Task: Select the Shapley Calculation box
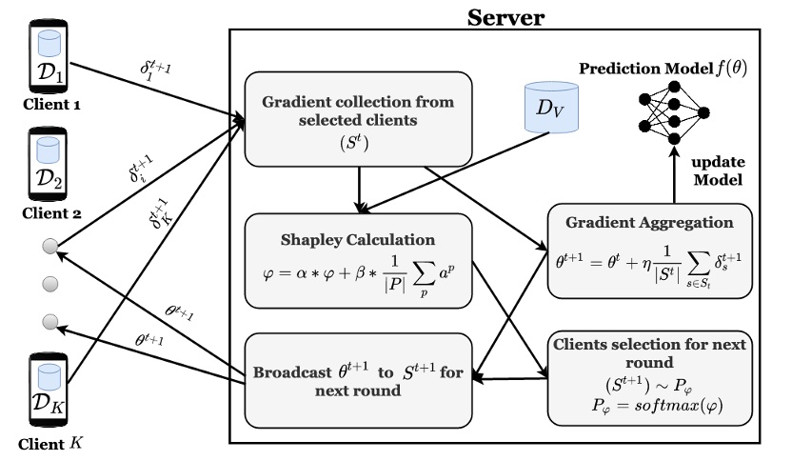click(359, 259)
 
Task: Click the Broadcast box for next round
click(359, 377)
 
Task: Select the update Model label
click(716, 170)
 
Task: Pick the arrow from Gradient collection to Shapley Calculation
click(359, 188)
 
